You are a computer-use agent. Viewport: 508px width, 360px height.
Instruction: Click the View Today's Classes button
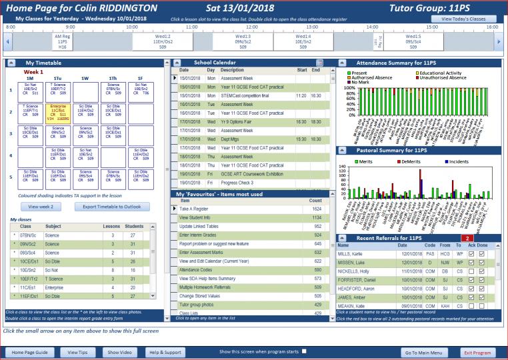coord(468,19)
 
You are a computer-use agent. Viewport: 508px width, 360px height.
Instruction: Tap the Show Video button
coord(120,351)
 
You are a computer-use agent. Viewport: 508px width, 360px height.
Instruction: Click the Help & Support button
coord(165,351)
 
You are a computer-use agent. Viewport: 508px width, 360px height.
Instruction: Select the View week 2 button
coord(41,207)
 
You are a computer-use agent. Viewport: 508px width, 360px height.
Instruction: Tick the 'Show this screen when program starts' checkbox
coord(305,351)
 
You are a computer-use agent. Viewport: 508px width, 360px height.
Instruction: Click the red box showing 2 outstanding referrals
coord(468,238)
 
